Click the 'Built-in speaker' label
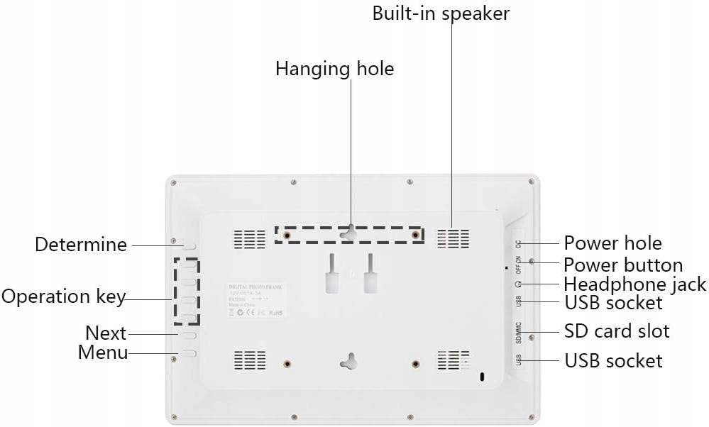click(x=441, y=13)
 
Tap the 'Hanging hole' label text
click(x=334, y=69)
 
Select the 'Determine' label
click(x=81, y=245)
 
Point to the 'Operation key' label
click(x=63, y=296)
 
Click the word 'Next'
click(x=106, y=333)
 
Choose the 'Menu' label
click(x=103, y=352)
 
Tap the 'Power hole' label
click(x=612, y=243)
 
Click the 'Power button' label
click(x=623, y=265)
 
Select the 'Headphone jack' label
click(x=634, y=284)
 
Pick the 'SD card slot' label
click(x=616, y=331)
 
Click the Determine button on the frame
click(x=189, y=245)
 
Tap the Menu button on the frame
click(x=189, y=352)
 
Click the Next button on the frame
click(x=189, y=333)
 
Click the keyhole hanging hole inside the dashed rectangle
click(x=348, y=233)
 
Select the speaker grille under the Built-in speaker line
click(x=453, y=239)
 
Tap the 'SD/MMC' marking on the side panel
click(x=519, y=331)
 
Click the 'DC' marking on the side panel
click(x=519, y=243)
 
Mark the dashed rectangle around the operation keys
click(x=187, y=292)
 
